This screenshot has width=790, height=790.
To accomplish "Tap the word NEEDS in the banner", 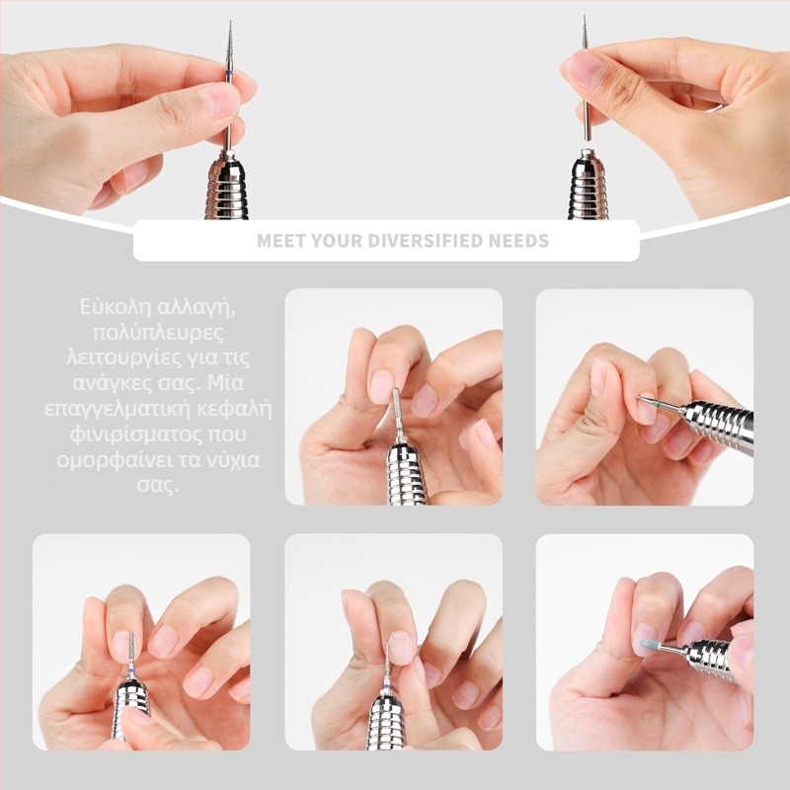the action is pos(518,241).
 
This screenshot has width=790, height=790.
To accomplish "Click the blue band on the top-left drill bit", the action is pos(230,75).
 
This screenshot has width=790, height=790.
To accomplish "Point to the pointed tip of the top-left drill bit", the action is pos(230,22).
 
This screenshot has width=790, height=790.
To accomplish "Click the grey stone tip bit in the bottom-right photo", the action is pos(648,644).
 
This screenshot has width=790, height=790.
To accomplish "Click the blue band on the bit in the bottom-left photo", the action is pos(130,669).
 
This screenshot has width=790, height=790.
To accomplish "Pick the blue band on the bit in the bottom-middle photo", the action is pos(386,688).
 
